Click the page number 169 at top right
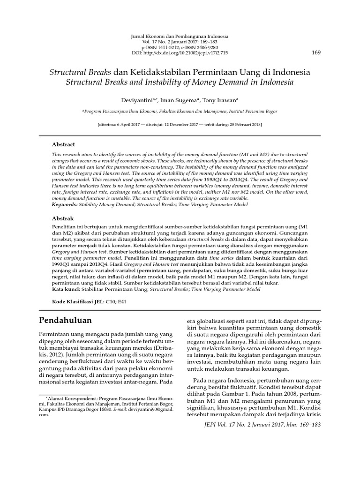click(x=315, y=52)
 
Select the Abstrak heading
click(x=62, y=218)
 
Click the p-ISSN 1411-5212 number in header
click(x=161, y=47)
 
